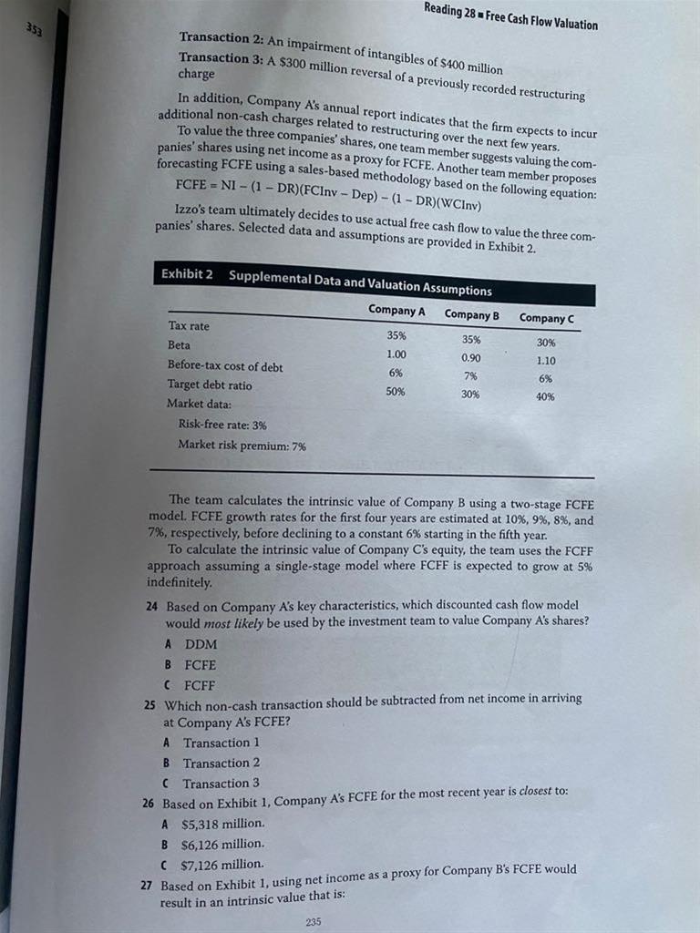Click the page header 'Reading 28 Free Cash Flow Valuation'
point(510,16)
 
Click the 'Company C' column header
point(546,318)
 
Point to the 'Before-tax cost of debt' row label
point(225,365)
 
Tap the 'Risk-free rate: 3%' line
point(222,424)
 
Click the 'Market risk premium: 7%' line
point(242,445)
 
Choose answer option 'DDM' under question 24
point(201,644)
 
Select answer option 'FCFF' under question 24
point(200,683)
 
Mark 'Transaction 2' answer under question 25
point(221,763)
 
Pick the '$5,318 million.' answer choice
point(222,823)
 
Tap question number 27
point(149,885)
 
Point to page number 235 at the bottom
point(314,921)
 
